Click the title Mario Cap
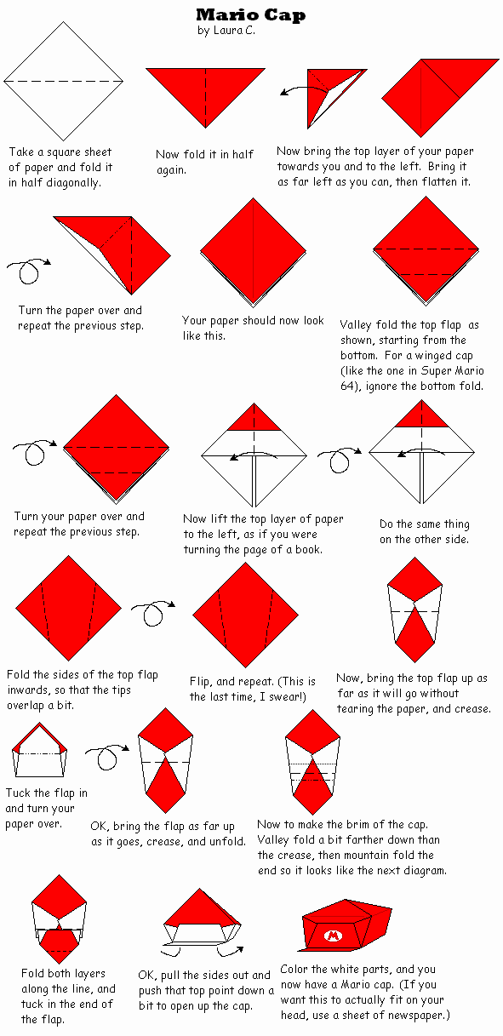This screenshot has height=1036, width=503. coord(250,14)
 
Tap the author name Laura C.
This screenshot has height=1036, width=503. coord(231,30)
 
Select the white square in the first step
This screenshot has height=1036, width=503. coord(64,81)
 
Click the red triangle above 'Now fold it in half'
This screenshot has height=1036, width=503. coord(205,94)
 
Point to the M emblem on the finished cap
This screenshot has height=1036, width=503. coord(332,936)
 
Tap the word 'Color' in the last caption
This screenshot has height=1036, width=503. coord(296,970)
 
